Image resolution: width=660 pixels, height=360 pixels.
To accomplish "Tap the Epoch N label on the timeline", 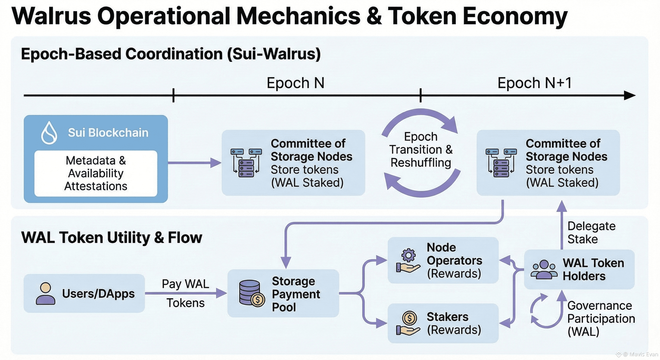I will click(295, 83).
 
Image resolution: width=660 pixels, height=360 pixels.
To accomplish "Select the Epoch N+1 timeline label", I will click(534, 83).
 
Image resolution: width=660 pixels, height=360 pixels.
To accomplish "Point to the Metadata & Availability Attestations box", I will click(96, 173).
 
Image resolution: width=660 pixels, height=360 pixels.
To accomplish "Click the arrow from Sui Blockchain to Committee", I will click(195, 163).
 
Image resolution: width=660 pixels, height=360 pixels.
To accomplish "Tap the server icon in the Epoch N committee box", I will click(246, 163).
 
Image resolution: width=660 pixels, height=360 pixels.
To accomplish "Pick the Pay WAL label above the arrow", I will click(185, 284).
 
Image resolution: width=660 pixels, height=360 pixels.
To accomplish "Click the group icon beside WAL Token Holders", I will click(544, 270).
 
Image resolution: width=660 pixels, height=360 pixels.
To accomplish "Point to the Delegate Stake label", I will click(591, 233).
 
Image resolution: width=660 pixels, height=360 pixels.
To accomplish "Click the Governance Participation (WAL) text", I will click(601, 319).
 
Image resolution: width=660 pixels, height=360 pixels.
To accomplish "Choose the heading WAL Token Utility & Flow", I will click(112, 237).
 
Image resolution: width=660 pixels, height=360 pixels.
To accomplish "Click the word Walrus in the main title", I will click(51, 16).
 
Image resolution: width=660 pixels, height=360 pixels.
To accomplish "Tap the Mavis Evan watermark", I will click(641, 354).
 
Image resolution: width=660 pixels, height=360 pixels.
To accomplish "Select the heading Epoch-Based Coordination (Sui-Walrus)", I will click(171, 54).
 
